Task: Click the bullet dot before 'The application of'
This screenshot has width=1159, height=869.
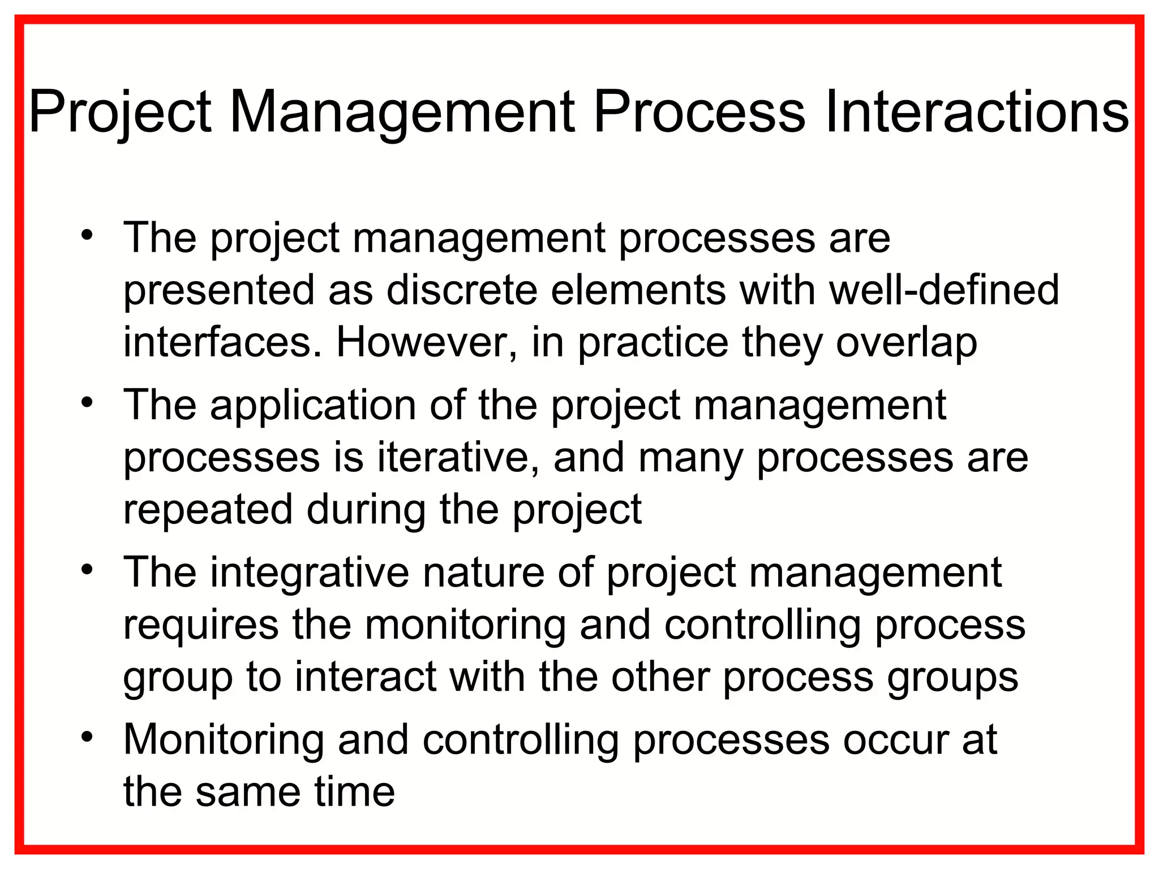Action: [87, 402]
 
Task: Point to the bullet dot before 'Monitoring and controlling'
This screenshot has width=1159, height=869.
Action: [87, 737]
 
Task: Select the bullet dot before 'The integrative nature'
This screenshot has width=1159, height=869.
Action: [87, 569]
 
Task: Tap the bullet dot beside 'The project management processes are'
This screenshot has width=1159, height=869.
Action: [87, 235]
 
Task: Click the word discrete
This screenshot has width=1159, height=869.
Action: [461, 290]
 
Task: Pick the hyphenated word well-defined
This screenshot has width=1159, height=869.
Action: [944, 290]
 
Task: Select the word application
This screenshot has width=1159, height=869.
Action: [313, 406]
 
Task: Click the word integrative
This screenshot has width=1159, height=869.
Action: [310, 573]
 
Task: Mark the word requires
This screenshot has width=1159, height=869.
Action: [201, 625]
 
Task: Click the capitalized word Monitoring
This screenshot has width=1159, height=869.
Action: [224, 740]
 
